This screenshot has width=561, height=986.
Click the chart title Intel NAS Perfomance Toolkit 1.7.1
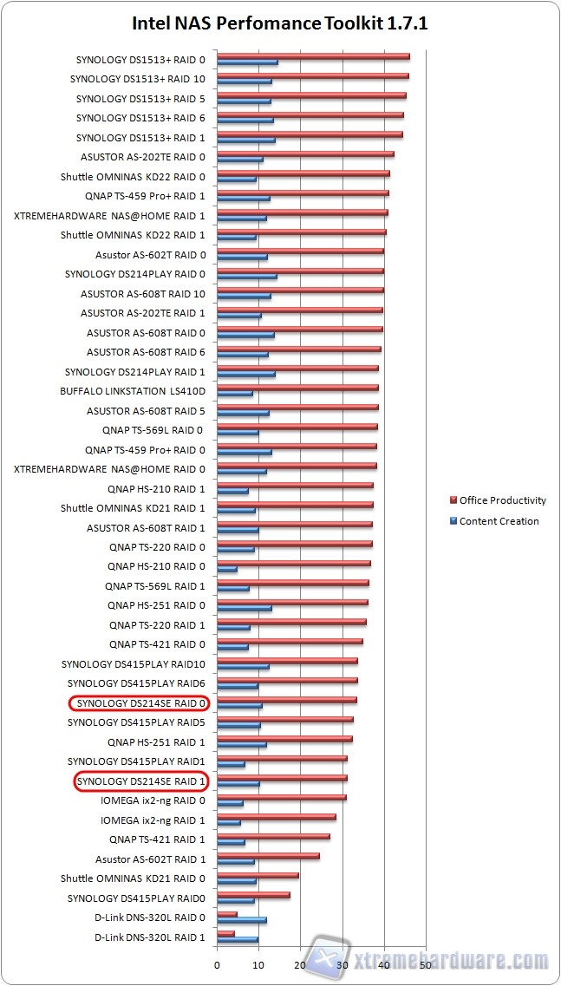[x=280, y=23]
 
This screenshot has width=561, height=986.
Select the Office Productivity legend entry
[x=502, y=500]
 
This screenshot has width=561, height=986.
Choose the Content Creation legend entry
[x=499, y=521]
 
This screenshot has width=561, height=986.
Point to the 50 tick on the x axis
[x=425, y=963]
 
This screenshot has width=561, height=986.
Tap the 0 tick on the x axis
[x=217, y=963]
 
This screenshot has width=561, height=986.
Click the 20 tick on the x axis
[x=300, y=963]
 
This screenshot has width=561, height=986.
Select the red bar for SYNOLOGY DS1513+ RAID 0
[x=312, y=56]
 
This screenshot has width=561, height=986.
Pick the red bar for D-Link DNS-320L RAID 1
[x=225, y=933]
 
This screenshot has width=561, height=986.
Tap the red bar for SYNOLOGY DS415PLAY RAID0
[x=253, y=894]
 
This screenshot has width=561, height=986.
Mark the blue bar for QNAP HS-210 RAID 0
[x=227, y=569]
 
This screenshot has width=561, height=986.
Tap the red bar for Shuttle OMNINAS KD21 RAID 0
[x=258, y=875]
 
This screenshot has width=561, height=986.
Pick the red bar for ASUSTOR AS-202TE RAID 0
[x=305, y=153]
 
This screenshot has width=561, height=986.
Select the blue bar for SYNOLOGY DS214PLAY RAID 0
[x=247, y=277]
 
